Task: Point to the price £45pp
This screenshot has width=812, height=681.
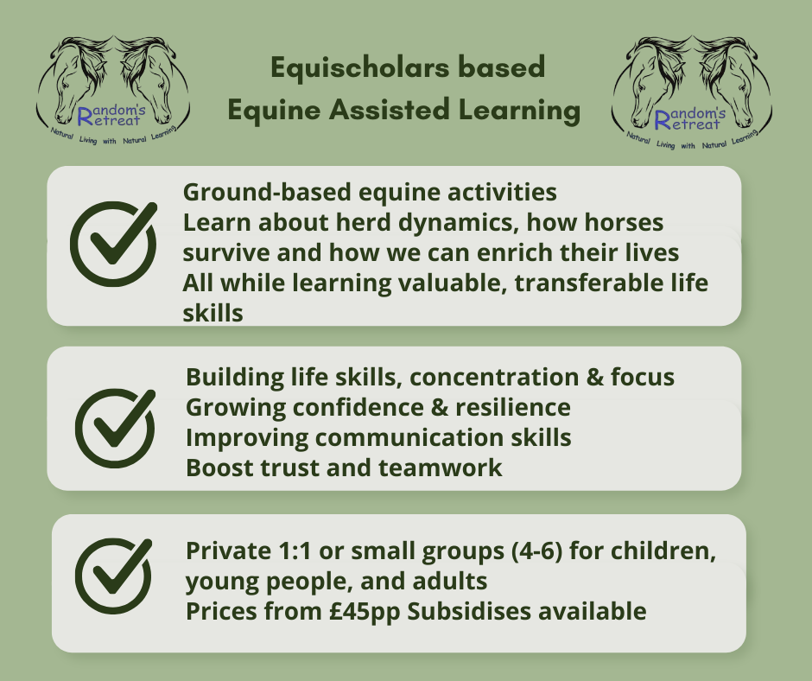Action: pos(365,612)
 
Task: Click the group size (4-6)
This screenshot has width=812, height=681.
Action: pos(536,551)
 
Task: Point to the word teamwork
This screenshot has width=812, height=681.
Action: pos(441,468)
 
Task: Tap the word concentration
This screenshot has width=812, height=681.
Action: pos(494,378)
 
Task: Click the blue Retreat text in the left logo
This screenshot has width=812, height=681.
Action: pos(109,119)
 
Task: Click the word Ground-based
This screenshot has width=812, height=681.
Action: pos(267,192)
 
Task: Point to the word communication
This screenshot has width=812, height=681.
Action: pos(409,437)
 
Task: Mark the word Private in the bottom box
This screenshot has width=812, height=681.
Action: pos(228,551)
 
